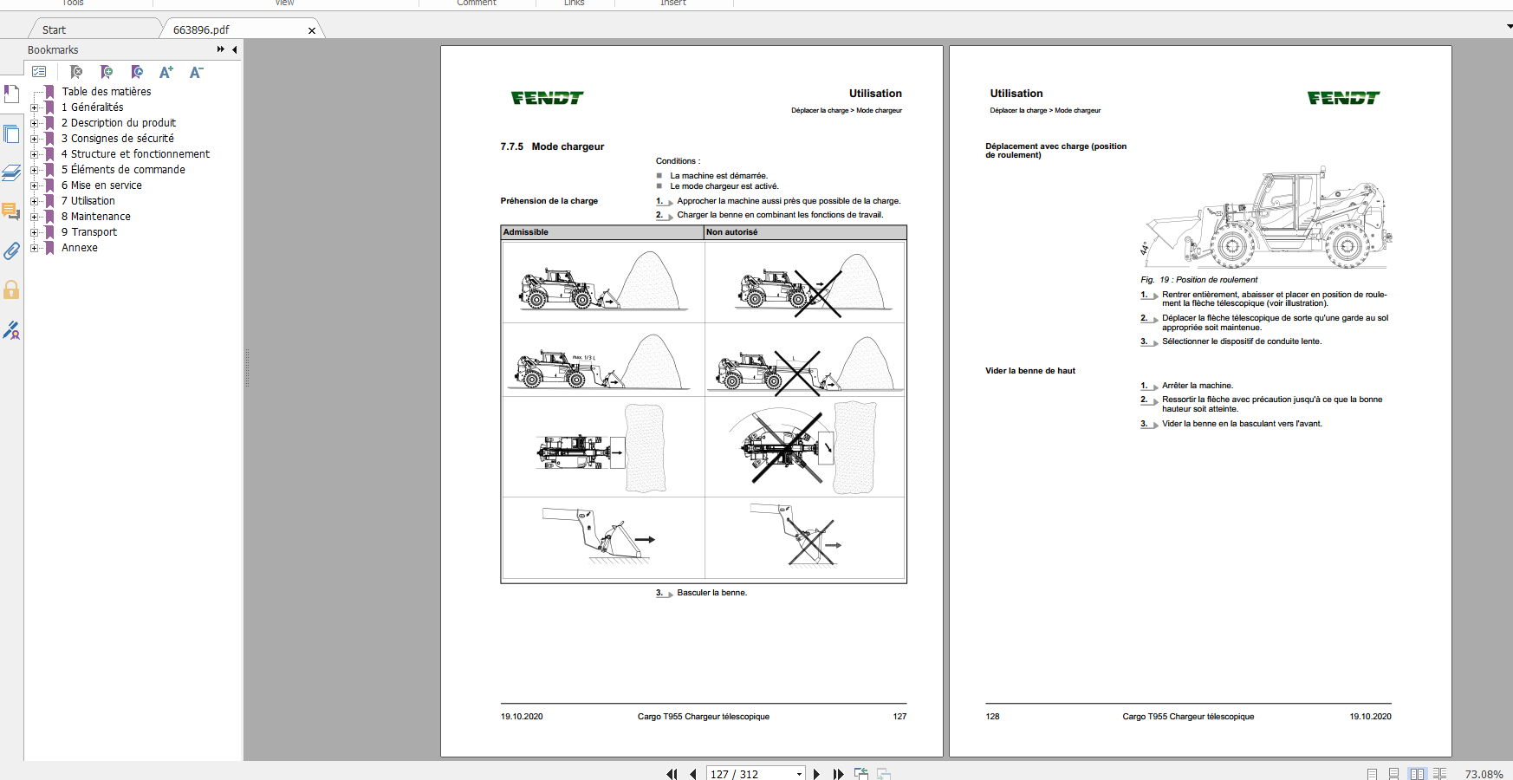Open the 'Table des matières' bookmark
coord(106,92)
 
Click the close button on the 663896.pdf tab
coord(312,30)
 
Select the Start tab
coord(54,30)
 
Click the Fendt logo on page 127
coord(547,98)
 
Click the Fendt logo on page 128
coord(1343,98)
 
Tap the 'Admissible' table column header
coord(526,232)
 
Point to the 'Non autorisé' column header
coord(731,232)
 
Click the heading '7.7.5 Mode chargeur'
coord(552,146)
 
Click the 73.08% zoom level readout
coord(1484,774)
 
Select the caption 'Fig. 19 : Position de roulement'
coord(1198,280)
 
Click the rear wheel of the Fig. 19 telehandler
coord(1347,247)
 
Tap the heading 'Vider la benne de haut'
coord(1029,371)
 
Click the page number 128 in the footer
coord(992,717)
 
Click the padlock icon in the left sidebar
coord(11,289)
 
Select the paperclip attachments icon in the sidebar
coord(11,251)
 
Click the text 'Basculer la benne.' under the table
coord(711,593)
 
